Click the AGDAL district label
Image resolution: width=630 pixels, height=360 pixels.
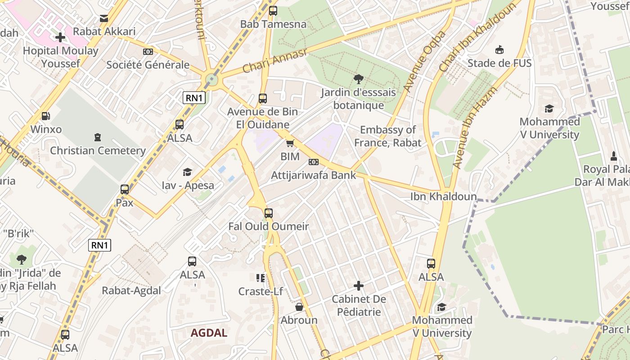click(209, 333)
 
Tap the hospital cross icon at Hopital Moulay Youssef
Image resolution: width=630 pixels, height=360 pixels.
click(60, 38)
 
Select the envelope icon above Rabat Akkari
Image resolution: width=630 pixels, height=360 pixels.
click(104, 18)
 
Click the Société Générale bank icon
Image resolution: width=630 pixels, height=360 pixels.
click(148, 52)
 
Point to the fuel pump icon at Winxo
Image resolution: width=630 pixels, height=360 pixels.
click(45, 116)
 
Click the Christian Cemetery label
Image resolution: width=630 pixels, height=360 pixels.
click(98, 151)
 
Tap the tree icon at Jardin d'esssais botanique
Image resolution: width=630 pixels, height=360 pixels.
click(359, 79)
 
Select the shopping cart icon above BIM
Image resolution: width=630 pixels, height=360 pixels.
click(290, 144)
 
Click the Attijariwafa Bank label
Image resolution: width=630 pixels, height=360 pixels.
click(314, 175)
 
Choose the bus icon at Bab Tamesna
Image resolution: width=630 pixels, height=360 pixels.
click(273, 11)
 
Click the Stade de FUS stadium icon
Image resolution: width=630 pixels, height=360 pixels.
click(499, 49)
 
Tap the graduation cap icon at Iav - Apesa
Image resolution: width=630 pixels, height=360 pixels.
click(188, 172)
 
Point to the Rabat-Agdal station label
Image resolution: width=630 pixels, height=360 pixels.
click(131, 290)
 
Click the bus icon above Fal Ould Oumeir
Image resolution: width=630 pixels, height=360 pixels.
click(269, 213)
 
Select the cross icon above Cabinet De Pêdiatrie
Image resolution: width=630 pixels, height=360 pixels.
click(359, 286)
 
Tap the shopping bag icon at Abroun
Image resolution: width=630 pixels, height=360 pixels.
click(299, 307)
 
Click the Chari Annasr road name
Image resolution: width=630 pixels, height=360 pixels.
click(274, 61)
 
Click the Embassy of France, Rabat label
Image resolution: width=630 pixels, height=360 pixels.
click(387, 136)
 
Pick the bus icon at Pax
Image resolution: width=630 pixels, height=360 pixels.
click(125, 189)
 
